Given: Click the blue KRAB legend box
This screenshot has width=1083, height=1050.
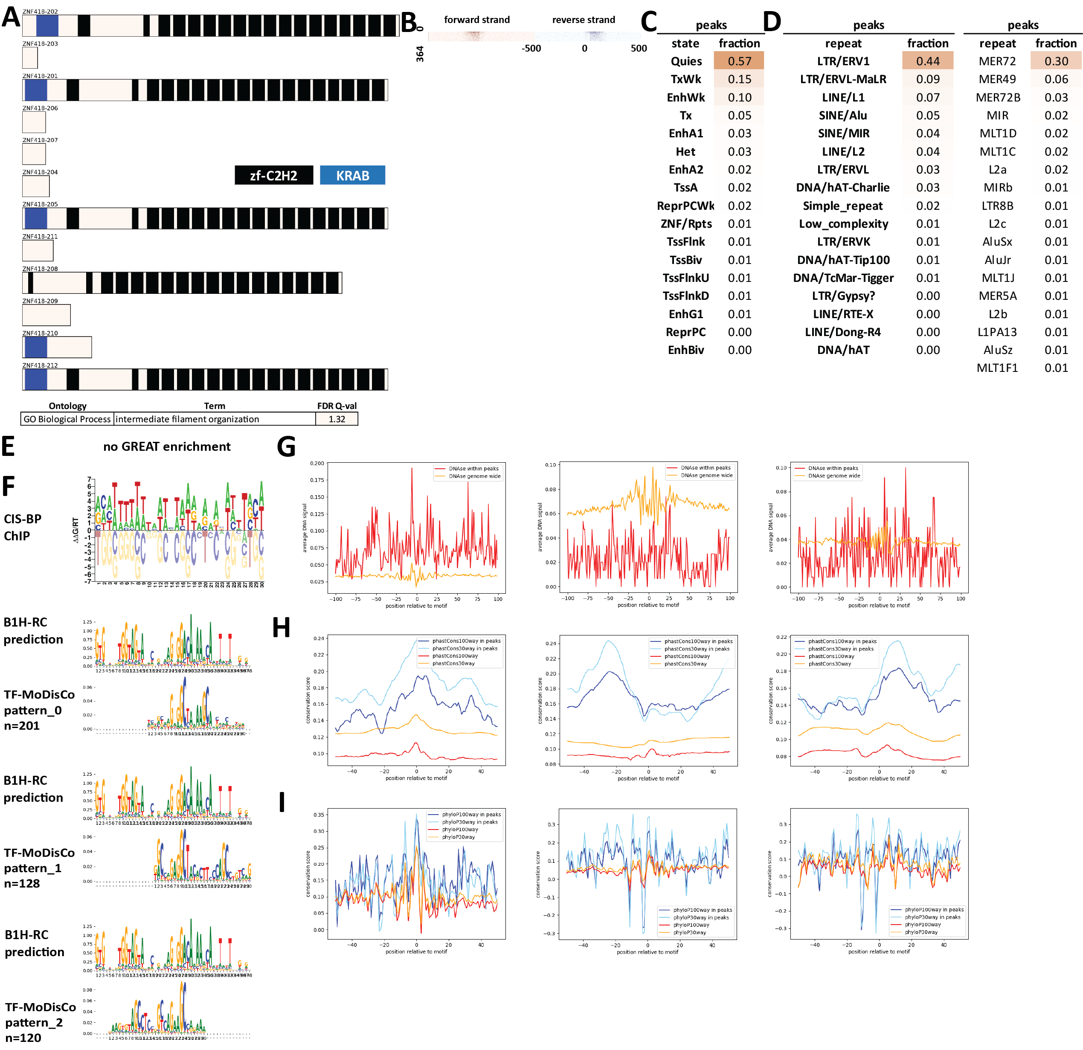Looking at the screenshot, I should (352, 176).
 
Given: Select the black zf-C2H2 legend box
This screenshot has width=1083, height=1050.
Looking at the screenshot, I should (273, 176).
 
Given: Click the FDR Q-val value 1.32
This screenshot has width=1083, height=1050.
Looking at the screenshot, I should (337, 419).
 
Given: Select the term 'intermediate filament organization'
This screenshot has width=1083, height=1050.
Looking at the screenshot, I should (187, 419).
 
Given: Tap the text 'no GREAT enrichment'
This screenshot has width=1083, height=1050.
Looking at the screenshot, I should (167, 446).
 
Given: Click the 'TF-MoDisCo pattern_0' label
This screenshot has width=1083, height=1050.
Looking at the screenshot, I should (39, 710).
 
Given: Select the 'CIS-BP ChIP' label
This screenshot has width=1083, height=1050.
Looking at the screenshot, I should (22, 527).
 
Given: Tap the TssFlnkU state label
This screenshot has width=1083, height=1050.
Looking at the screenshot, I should (686, 278).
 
